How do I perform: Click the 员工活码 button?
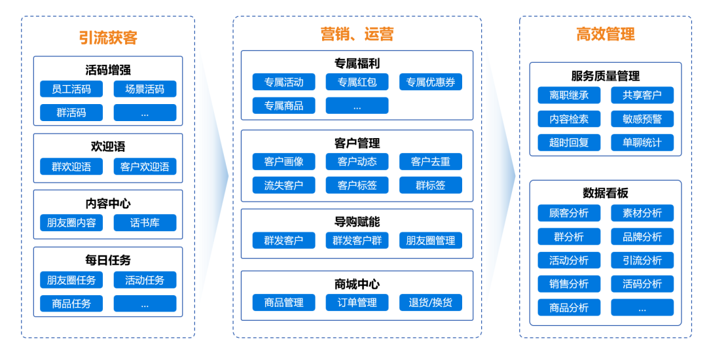coord(71,89)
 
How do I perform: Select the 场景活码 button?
coord(145,89)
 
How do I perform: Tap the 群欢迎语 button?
coord(71,166)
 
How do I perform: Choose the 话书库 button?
coord(145,223)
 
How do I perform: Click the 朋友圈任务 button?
coord(71,280)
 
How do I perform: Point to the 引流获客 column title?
coord(108,37)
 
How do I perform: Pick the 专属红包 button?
coord(357,82)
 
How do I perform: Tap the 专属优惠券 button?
coord(430,82)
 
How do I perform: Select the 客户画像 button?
coord(283,162)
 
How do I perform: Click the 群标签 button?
coord(430,185)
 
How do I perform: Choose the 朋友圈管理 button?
coord(430,240)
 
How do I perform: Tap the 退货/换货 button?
coord(430,302)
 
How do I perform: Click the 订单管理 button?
coord(357,302)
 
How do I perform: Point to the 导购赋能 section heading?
coord(357,222)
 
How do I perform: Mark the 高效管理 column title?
coord(606,34)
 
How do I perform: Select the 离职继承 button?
coord(569,95)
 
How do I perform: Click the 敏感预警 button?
coord(642,118)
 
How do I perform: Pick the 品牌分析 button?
coord(642,236)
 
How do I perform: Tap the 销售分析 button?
coord(569,283)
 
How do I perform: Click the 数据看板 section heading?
coord(606,192)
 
